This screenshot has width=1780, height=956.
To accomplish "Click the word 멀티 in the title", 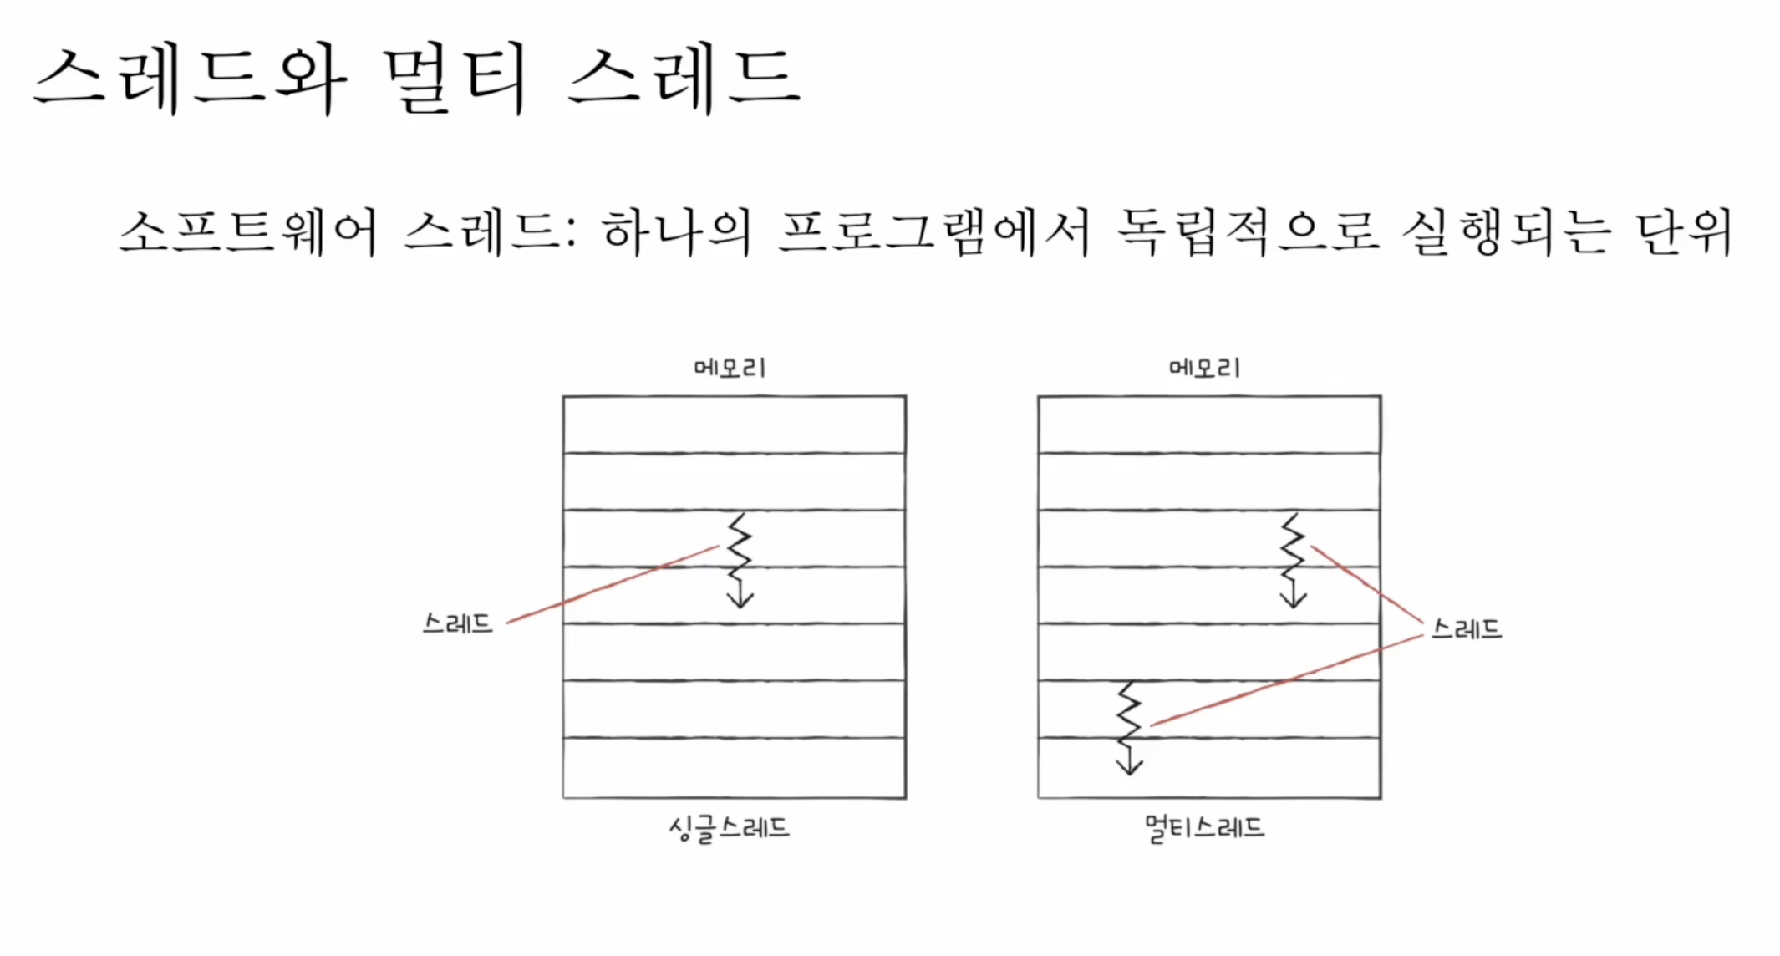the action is (x=455, y=79).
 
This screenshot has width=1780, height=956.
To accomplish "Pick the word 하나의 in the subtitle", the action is (x=676, y=231).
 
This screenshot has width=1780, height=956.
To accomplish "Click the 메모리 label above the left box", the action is (x=730, y=368).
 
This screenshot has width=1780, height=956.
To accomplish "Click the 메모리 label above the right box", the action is (x=1204, y=368).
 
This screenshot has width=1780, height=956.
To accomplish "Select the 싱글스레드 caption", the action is (x=729, y=828).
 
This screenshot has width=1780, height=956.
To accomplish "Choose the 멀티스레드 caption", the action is (x=1204, y=828).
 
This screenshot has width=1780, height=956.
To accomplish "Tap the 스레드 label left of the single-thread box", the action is (x=457, y=623).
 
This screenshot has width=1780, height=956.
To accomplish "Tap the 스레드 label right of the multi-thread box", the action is (x=1467, y=628).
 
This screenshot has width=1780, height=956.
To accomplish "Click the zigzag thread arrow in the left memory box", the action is (x=740, y=560).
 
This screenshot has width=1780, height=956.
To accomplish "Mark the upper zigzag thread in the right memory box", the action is (x=1293, y=560).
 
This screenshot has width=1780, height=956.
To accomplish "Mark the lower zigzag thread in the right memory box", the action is (x=1129, y=727).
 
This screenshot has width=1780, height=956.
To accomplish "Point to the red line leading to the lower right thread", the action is (x=1287, y=680).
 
